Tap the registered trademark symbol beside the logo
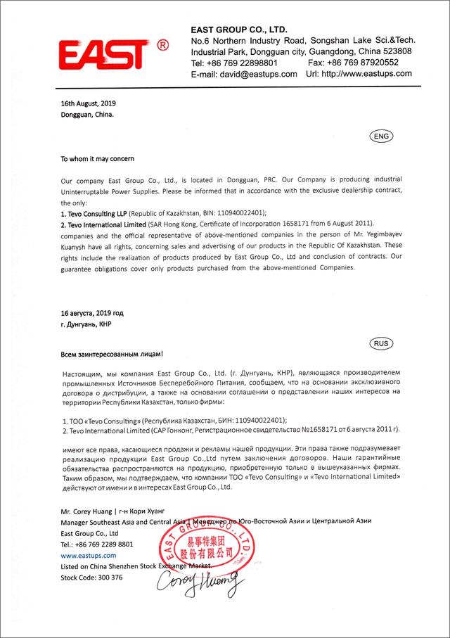[162, 45]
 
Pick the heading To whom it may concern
[97, 159]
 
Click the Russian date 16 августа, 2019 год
[92, 312]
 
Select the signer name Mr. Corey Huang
[84, 511]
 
